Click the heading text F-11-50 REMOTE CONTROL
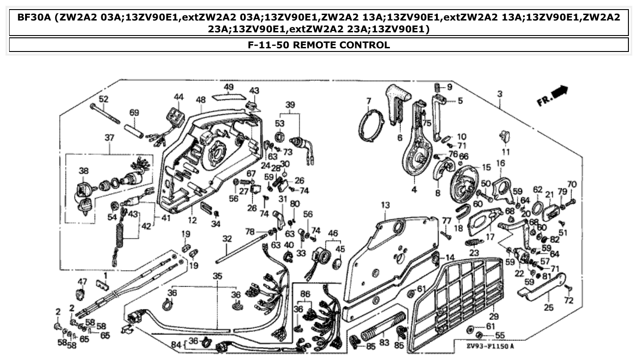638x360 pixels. (x=319, y=45)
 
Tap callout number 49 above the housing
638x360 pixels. (x=228, y=87)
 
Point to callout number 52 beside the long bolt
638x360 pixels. (x=104, y=99)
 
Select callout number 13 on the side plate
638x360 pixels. (x=386, y=206)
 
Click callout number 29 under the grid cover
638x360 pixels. (x=494, y=316)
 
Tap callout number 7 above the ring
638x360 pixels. (x=368, y=100)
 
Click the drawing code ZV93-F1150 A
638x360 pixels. (x=490, y=346)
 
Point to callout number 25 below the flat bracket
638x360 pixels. (x=549, y=308)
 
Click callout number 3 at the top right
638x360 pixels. (x=500, y=94)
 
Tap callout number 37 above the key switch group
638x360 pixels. (x=109, y=138)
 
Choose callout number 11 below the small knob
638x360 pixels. (x=506, y=151)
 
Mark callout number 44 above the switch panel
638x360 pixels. (x=178, y=97)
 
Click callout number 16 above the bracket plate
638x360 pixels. (x=501, y=163)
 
